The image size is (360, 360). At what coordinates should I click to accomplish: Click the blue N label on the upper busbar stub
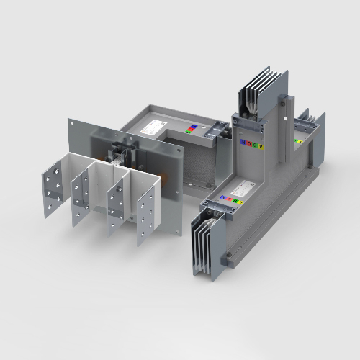click(243, 143)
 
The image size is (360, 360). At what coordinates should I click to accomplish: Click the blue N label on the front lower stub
click(222, 196)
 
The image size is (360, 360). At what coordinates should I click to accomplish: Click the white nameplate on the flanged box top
click(153, 127)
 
